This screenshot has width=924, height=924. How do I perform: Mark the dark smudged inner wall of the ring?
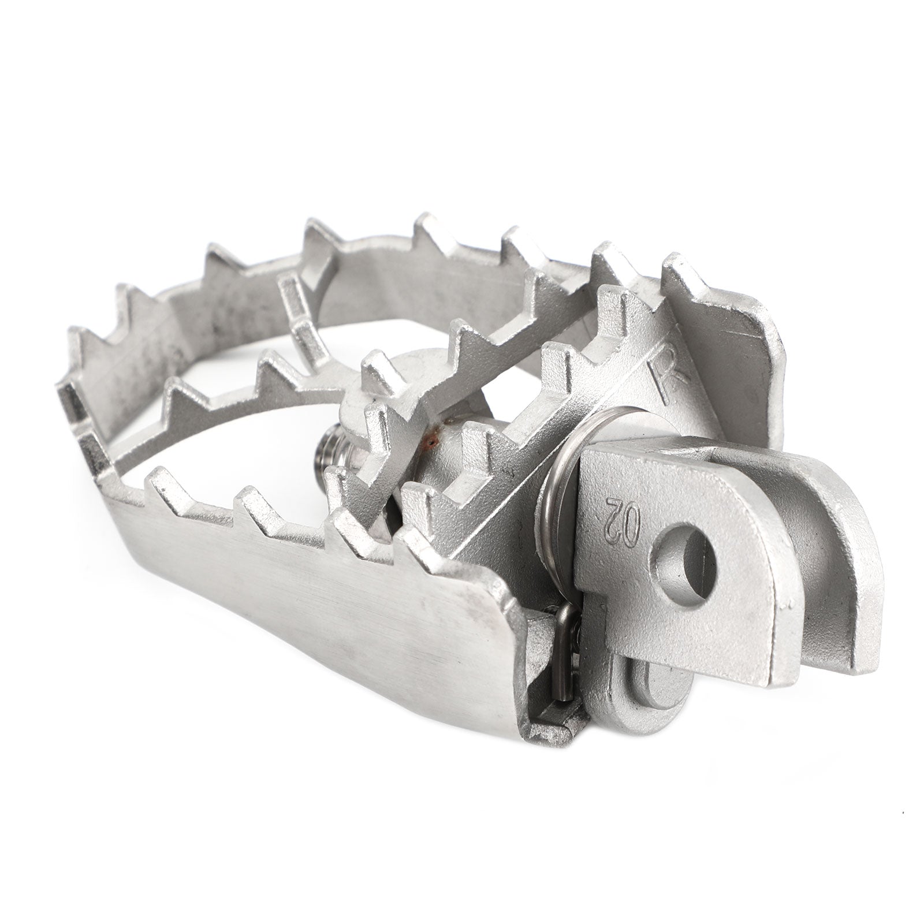pos(162,358)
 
